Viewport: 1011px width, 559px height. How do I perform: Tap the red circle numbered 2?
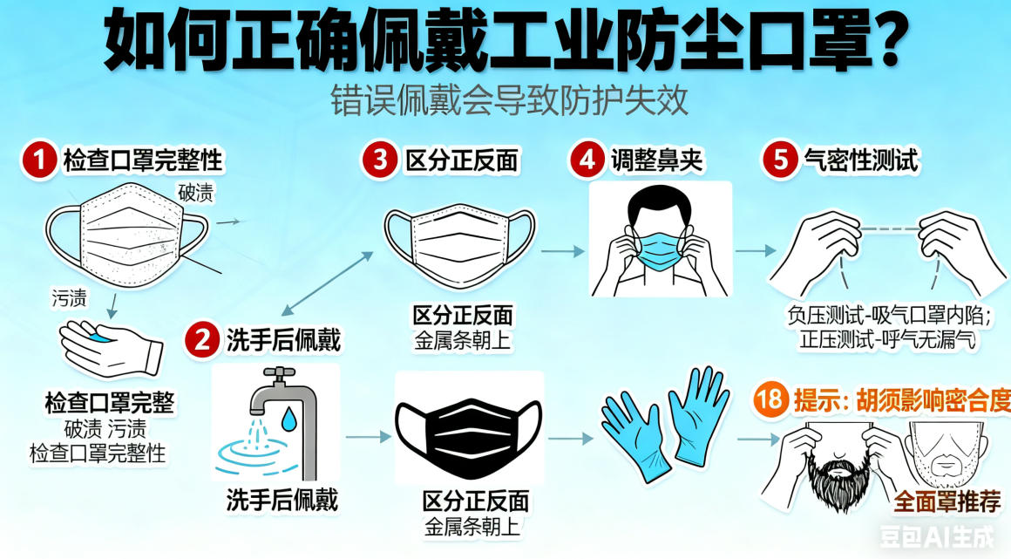(202, 339)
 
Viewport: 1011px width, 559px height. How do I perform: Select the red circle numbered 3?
(380, 160)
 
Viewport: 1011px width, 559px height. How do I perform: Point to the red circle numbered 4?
(587, 160)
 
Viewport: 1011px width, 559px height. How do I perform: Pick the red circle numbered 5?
(779, 160)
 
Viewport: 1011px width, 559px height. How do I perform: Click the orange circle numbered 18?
(770, 399)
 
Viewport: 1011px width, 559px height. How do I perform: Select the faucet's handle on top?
(280, 372)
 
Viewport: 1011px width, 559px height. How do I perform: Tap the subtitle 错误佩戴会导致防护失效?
(509, 100)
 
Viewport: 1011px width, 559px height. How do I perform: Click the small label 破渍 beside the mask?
(195, 193)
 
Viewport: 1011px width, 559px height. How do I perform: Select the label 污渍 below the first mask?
(69, 297)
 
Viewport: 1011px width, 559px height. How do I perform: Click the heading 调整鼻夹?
(656, 160)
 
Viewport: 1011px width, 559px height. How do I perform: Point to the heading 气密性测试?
(860, 160)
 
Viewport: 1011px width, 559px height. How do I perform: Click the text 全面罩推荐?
(947, 501)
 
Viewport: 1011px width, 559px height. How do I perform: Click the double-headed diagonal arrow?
(328, 283)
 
